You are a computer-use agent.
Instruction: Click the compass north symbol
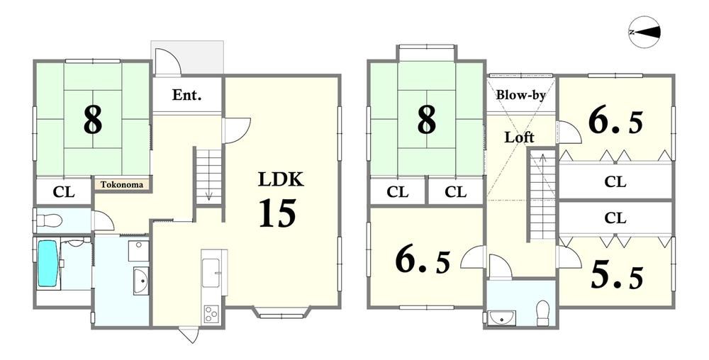(644, 32)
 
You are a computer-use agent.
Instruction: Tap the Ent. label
(186, 95)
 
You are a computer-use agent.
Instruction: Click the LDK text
(280, 180)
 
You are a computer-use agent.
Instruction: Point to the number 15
(277, 213)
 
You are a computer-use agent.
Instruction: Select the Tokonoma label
(122, 185)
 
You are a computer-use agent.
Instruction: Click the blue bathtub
(48, 264)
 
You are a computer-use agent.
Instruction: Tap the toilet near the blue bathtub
(49, 221)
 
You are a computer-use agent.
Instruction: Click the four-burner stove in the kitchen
(211, 314)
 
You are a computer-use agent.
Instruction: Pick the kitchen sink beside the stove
(211, 272)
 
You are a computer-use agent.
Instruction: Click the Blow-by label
(520, 95)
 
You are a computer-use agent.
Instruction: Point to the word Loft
(520, 137)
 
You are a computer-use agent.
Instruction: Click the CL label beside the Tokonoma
(64, 192)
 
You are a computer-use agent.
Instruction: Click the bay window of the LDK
(281, 313)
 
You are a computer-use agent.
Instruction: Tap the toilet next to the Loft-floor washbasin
(542, 313)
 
